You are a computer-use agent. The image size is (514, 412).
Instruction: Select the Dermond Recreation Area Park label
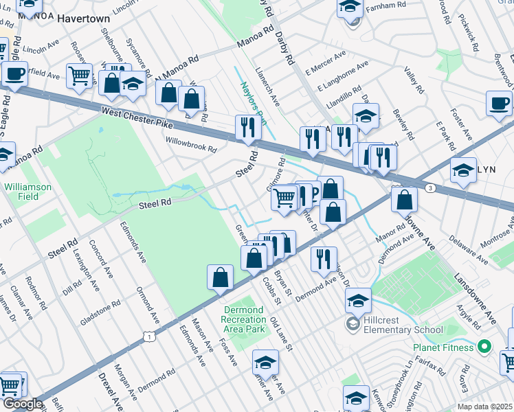pyautogui.click(x=244, y=319)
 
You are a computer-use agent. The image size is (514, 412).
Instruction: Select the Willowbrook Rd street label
pyautogui.click(x=191, y=144)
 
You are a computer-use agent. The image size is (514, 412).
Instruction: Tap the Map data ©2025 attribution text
pyautogui.click(x=484, y=407)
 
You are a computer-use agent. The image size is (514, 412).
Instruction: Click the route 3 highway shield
pyautogui.click(x=430, y=187)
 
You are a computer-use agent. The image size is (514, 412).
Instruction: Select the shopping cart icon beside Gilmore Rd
pyautogui.click(x=284, y=198)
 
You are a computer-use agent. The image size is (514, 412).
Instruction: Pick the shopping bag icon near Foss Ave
pyautogui.click(x=221, y=277)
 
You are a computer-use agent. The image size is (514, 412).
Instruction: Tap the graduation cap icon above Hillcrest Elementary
pyautogui.click(x=358, y=300)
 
